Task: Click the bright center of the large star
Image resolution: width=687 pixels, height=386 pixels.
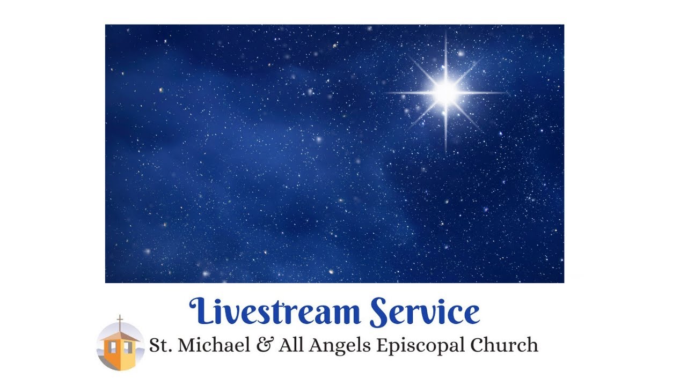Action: (x=445, y=92)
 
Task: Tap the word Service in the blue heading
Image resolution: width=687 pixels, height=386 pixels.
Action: (x=425, y=311)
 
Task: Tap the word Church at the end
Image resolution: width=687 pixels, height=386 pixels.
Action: (x=505, y=345)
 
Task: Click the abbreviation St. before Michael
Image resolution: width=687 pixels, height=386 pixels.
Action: (x=160, y=345)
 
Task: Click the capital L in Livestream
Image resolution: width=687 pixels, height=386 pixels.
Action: (x=200, y=311)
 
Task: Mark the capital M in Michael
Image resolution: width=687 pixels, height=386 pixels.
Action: (x=186, y=345)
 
